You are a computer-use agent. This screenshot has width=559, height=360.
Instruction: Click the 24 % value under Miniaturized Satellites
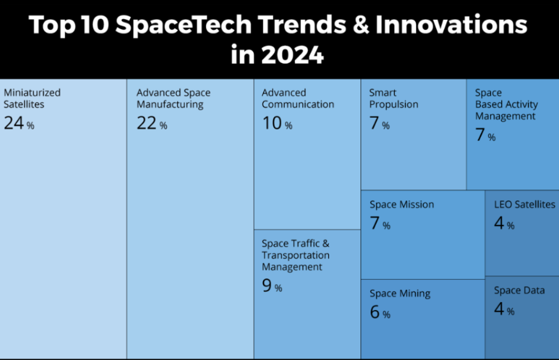19,124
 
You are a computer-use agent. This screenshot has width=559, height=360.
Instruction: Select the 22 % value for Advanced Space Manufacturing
152,124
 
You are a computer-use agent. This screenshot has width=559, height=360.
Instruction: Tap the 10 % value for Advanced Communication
277,124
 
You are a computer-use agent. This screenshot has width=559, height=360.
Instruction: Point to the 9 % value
272,287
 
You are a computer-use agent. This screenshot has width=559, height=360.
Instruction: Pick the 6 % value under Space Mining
380,313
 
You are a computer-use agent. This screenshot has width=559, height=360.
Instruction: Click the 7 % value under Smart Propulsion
379,124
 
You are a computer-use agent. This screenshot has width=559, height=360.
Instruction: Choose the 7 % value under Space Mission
380,224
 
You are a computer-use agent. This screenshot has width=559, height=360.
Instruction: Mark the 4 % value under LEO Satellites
504,224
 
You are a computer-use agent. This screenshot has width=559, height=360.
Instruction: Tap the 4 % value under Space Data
504,310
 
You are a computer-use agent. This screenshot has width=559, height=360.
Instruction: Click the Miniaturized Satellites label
32,98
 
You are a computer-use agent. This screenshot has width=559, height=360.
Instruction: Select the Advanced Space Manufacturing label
173,98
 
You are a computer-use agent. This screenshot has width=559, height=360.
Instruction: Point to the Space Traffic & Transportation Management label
296,255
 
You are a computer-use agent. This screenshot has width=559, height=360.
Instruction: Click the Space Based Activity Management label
506,105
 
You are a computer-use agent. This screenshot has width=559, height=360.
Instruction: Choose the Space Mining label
400,294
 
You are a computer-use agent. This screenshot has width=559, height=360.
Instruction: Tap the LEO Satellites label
524,204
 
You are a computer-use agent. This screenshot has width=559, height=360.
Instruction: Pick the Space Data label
519,290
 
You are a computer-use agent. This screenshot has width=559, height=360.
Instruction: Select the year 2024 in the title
291,55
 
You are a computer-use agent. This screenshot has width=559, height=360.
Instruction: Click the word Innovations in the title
450,25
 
